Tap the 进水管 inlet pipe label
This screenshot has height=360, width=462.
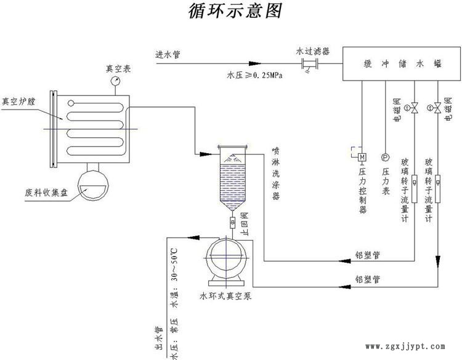(168, 54)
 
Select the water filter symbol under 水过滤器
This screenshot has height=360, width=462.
(308, 63)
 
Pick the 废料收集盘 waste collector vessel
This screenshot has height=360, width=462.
(92, 183)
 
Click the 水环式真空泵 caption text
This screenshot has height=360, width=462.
(225, 296)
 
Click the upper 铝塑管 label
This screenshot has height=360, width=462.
(368, 254)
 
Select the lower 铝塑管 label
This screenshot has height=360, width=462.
(368, 279)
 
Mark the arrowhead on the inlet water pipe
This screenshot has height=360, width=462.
(253, 63)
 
